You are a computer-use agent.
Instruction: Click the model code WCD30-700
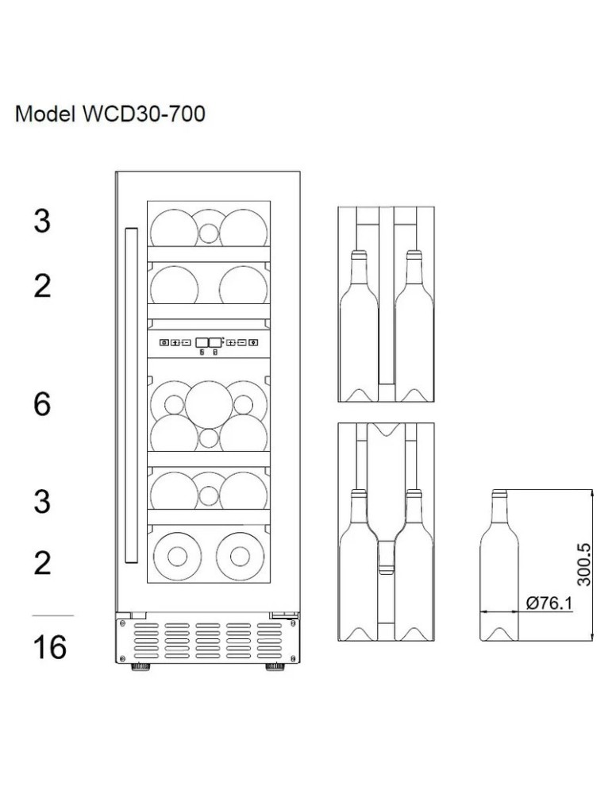[x=144, y=115]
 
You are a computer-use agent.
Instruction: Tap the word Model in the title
[x=44, y=115]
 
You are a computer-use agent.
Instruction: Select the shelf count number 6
[x=42, y=404]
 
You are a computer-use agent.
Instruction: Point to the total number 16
[x=49, y=648]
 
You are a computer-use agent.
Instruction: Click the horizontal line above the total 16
[x=52, y=615]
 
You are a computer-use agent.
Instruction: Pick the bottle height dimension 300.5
[x=584, y=565]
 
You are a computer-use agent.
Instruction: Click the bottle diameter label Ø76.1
[x=549, y=603]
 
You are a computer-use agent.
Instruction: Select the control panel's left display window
[x=202, y=342]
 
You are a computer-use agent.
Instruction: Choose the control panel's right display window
[x=215, y=342]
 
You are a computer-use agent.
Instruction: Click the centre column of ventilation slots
[x=207, y=642]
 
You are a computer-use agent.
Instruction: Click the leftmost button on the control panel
[x=164, y=343]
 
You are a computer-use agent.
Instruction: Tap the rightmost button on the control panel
[x=253, y=343]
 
